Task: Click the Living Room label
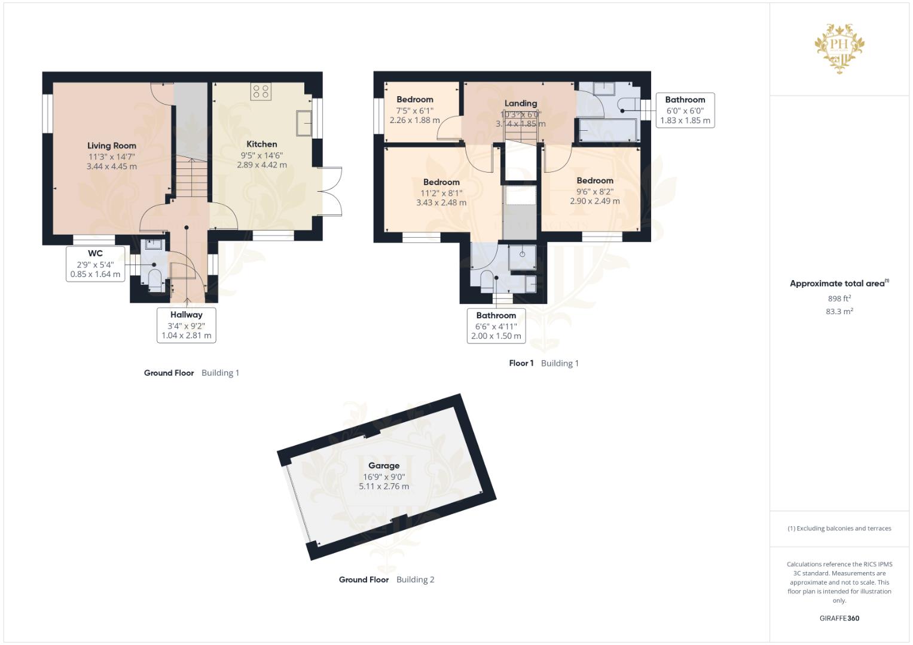[112, 146]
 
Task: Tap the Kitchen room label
[262, 144]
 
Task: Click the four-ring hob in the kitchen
[261, 91]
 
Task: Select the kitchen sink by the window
[304, 123]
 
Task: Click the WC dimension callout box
[96, 264]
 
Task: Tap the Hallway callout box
[187, 325]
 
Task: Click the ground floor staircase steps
[191, 179]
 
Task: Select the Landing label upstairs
[521, 103]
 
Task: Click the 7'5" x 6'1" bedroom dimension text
[414, 110]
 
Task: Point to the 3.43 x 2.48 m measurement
[441, 202]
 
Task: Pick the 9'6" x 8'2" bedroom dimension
[595, 191]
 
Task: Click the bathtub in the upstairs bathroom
[607, 130]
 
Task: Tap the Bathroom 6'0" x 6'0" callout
[685, 110]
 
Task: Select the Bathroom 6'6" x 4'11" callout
[496, 325]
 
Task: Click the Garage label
[383, 465]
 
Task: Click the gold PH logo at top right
[839, 48]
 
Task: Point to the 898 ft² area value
[839, 299]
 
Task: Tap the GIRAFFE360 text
[839, 618]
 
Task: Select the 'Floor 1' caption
[521, 363]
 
